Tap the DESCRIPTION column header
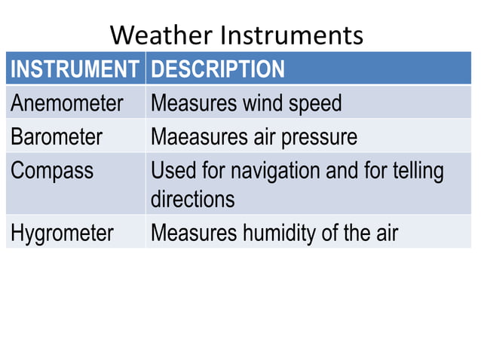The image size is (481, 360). point(218,69)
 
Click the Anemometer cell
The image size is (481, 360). point(66,103)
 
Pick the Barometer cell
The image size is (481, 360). point(57,137)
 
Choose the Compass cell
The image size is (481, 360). point(52,171)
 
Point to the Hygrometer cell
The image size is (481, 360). point(62,233)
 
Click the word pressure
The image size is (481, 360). point(320,137)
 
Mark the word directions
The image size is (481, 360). point(193,200)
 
